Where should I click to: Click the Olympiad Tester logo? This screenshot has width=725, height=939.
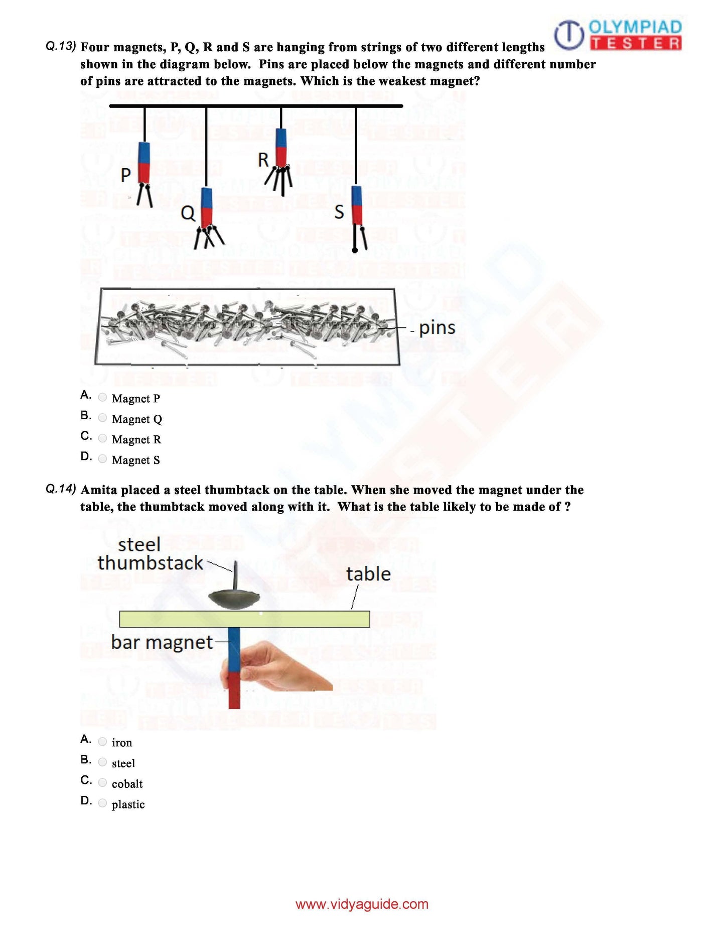click(x=618, y=35)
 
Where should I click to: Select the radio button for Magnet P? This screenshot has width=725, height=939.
click(x=102, y=397)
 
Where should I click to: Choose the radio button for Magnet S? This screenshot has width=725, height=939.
click(x=102, y=459)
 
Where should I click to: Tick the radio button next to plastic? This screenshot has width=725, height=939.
click(x=102, y=803)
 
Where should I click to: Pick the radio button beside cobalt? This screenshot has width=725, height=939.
click(x=102, y=782)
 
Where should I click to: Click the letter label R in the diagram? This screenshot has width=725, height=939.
click(x=263, y=160)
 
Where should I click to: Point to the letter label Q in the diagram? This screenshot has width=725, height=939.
click(x=188, y=213)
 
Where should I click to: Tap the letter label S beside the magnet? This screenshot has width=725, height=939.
click(x=339, y=212)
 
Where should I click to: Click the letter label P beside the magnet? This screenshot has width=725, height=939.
click(x=125, y=175)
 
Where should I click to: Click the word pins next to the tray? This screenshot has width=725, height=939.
click(x=437, y=327)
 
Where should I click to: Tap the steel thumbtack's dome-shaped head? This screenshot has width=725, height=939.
click(x=234, y=599)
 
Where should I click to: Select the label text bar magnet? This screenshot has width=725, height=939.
click(x=162, y=642)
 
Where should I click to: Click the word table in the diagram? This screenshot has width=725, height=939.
click(x=368, y=574)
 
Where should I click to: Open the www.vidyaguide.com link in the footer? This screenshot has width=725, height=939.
click(x=362, y=904)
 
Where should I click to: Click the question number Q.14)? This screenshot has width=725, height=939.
click(x=61, y=489)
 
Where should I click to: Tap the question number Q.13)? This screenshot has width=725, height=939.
click(x=61, y=46)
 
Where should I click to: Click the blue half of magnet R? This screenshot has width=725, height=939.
click(x=281, y=138)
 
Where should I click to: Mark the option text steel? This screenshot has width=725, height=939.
click(x=123, y=763)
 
